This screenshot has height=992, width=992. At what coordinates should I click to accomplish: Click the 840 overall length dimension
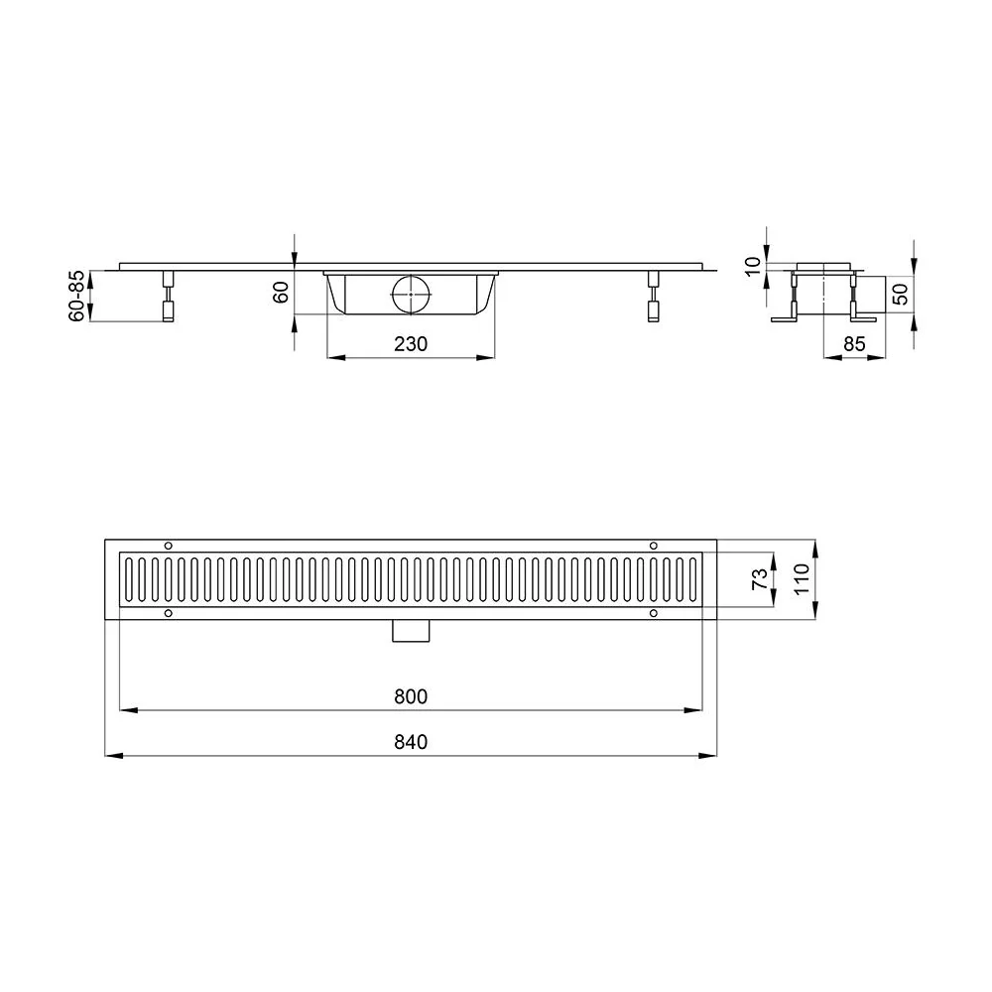pyautogui.click(x=411, y=741)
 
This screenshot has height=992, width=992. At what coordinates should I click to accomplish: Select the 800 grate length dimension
pyautogui.click(x=411, y=696)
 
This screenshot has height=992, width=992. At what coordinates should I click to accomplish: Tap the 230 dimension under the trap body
pyautogui.click(x=411, y=344)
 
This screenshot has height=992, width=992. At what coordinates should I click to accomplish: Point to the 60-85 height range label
pyautogui.click(x=76, y=296)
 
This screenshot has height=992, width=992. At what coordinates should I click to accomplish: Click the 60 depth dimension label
pyautogui.click(x=281, y=293)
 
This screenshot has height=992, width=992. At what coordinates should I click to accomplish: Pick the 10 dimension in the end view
pyautogui.click(x=753, y=266)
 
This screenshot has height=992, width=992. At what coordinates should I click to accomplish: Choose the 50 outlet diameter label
pyautogui.click(x=900, y=295)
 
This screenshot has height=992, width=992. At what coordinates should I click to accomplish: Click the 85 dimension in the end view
pyautogui.click(x=854, y=344)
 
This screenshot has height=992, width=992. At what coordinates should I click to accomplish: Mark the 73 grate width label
pyautogui.click(x=760, y=579)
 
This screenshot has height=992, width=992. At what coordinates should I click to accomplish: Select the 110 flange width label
pyautogui.click(x=802, y=579)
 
